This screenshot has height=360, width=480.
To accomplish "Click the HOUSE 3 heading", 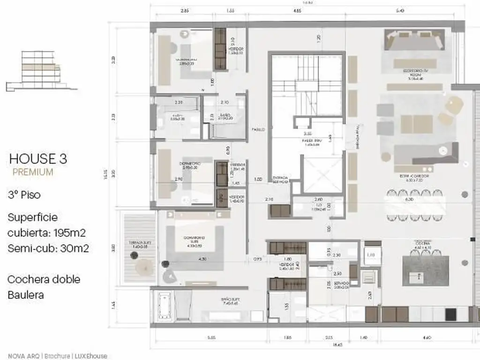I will pyautogui.click(x=38, y=159).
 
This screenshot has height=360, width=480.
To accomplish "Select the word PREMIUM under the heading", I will pyautogui.click(x=33, y=172).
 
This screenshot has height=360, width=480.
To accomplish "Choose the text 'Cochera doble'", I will pyautogui.click(x=44, y=279).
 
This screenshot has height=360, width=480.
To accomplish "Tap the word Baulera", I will pyautogui.click(x=26, y=295).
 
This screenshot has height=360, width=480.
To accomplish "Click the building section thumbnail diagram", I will pyautogui.click(x=41, y=70).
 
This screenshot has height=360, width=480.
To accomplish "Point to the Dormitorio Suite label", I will pyautogui.click(x=193, y=240).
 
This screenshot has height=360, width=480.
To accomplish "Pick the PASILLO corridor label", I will pyautogui.click(x=258, y=129).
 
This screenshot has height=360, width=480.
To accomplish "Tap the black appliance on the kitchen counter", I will pyautogui.click(x=450, y=314).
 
